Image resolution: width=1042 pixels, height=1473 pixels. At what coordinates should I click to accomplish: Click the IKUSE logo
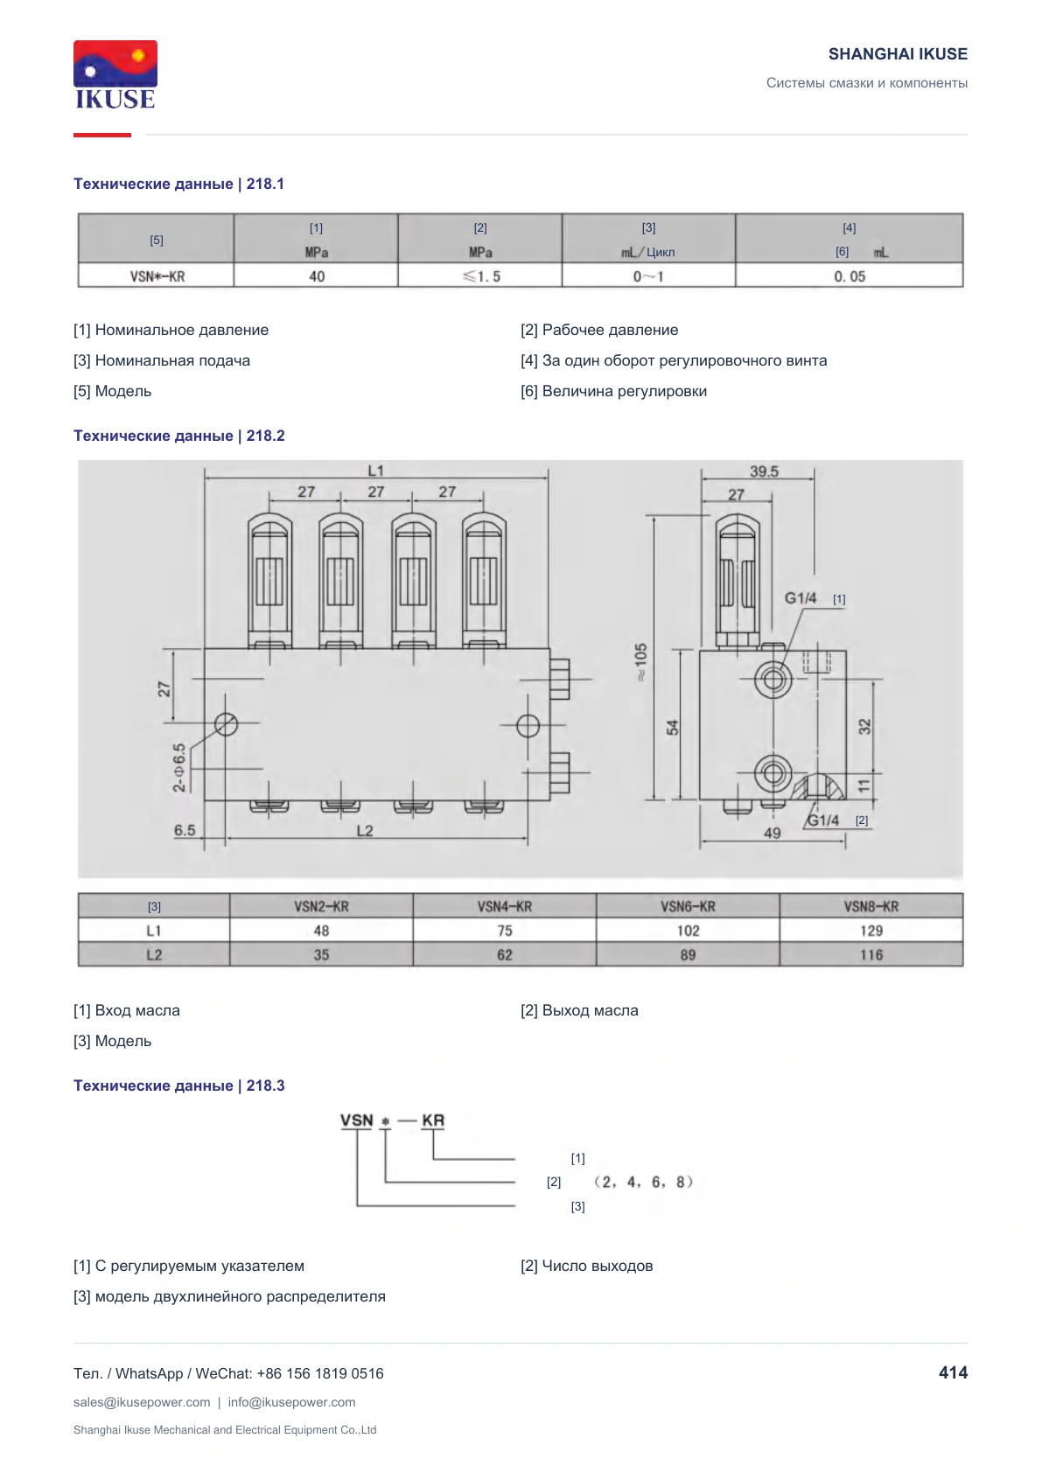[x=115, y=74]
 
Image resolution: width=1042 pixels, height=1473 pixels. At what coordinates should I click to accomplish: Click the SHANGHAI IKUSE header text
[x=898, y=54]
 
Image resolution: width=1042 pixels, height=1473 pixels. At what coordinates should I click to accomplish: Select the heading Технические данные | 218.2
[x=179, y=436]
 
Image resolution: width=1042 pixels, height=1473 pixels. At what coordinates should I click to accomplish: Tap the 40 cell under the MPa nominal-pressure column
[x=317, y=276]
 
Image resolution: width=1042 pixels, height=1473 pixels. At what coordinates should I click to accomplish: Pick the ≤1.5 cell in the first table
[x=481, y=276]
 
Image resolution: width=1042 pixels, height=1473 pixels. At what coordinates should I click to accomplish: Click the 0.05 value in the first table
[x=850, y=276]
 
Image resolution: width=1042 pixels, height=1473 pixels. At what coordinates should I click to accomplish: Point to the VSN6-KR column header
[x=688, y=906]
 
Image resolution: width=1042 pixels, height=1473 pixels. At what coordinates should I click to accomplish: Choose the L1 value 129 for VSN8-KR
[x=871, y=931]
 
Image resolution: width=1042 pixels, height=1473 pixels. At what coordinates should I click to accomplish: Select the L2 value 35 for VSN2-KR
[x=321, y=955]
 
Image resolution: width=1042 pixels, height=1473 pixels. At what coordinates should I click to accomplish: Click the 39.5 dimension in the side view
[x=764, y=471]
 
